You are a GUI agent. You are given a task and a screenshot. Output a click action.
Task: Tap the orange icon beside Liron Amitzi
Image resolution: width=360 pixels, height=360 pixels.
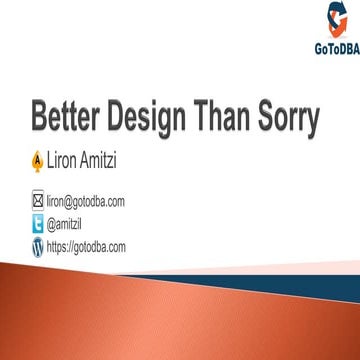pyautogui.click(x=38, y=158)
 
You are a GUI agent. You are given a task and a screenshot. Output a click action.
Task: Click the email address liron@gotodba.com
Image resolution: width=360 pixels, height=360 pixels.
pyautogui.click(x=85, y=201)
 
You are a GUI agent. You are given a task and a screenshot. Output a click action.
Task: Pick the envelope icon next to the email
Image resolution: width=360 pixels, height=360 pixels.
pyautogui.click(x=38, y=201)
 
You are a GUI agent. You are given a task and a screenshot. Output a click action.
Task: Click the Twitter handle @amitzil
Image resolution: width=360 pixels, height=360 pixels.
pyautogui.click(x=66, y=221)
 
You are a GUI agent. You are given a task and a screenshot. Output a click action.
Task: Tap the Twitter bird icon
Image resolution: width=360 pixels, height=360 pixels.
pyautogui.click(x=38, y=221)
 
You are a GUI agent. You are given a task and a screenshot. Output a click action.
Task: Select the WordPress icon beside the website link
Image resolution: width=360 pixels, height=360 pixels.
pyautogui.click(x=38, y=245)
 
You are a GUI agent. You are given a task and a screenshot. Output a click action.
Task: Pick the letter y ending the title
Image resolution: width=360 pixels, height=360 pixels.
pyautogui.click(x=313, y=123)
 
